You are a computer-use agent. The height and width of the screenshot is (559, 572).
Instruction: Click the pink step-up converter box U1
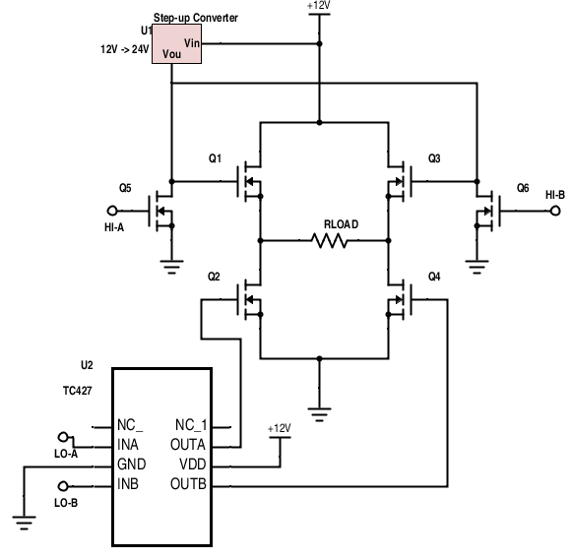tap(176, 44)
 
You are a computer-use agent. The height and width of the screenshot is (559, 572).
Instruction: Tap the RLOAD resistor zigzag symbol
tap(329, 241)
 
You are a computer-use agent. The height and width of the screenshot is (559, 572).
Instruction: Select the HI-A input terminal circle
tap(112, 211)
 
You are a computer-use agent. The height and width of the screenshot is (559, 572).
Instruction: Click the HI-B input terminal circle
tap(555, 211)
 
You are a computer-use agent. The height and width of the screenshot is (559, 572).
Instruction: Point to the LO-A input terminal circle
tap(63, 437)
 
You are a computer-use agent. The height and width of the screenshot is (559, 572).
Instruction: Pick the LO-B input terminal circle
tap(63, 486)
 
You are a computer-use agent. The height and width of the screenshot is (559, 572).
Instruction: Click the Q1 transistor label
tap(215, 158)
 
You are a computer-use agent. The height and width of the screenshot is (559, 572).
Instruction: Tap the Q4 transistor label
tap(434, 277)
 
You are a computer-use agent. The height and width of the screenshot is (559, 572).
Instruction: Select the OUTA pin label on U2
tap(188, 445)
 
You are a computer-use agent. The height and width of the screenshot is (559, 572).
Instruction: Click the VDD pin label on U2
tap(193, 465)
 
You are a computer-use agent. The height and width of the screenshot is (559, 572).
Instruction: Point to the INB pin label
tap(128, 484)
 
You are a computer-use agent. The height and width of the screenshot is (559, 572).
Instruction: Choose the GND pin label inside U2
tap(131, 465)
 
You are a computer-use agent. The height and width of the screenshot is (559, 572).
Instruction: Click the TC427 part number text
tap(78, 391)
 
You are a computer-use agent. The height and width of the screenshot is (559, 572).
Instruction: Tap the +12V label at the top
tap(319, 6)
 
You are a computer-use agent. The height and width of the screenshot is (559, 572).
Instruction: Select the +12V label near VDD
tap(280, 428)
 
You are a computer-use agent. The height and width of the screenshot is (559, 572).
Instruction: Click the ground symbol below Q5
tap(171, 267)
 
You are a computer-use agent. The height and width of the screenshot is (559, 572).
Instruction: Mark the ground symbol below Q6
tap(477, 267)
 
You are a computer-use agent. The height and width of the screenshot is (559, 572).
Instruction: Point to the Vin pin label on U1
tap(192, 43)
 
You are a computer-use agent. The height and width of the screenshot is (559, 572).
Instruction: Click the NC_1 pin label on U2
tap(191, 425)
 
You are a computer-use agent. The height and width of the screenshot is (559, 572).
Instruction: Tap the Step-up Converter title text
tap(196, 18)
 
